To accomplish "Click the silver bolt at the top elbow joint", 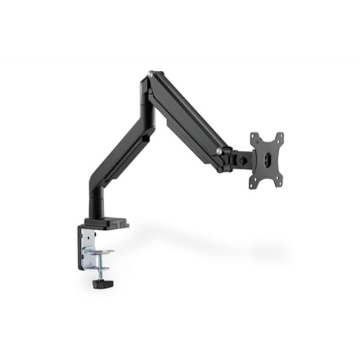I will tap(151, 73).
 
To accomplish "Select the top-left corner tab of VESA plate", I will tap(254, 137).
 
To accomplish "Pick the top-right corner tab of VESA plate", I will tap(282, 136).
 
